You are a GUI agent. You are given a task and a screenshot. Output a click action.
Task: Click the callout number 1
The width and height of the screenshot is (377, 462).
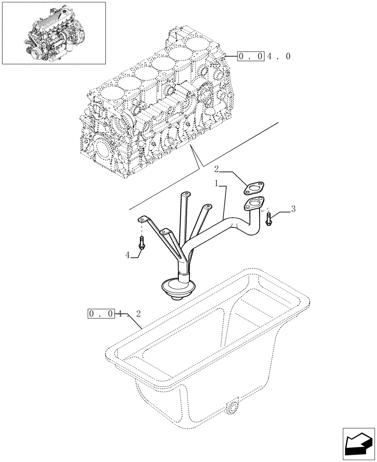216,183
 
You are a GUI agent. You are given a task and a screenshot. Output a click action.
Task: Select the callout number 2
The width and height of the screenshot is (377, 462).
216,170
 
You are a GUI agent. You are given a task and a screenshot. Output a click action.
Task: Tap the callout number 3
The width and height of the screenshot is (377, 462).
293,209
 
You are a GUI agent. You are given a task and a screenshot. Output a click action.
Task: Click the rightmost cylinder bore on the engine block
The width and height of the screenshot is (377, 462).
198,45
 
